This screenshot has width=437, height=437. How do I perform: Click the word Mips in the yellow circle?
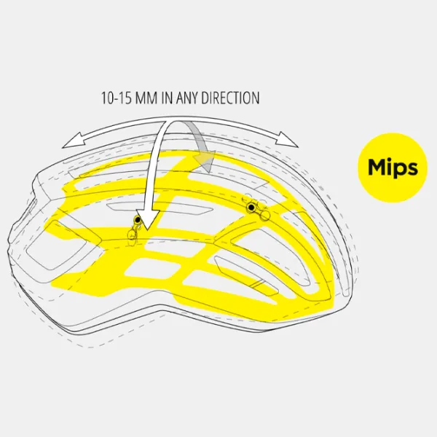393,168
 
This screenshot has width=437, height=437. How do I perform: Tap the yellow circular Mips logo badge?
393,168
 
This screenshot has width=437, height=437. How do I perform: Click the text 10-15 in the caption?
116,98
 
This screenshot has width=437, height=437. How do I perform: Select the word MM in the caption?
146,98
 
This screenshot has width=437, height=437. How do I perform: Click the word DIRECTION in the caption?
230,98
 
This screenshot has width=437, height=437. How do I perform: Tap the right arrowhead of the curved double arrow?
287,139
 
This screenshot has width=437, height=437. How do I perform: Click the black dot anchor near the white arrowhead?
138,220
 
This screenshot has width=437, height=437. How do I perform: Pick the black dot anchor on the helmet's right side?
251,207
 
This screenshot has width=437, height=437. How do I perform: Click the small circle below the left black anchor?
132,234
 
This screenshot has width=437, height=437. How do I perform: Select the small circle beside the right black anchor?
266,215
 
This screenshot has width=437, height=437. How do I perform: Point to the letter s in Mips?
413,169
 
